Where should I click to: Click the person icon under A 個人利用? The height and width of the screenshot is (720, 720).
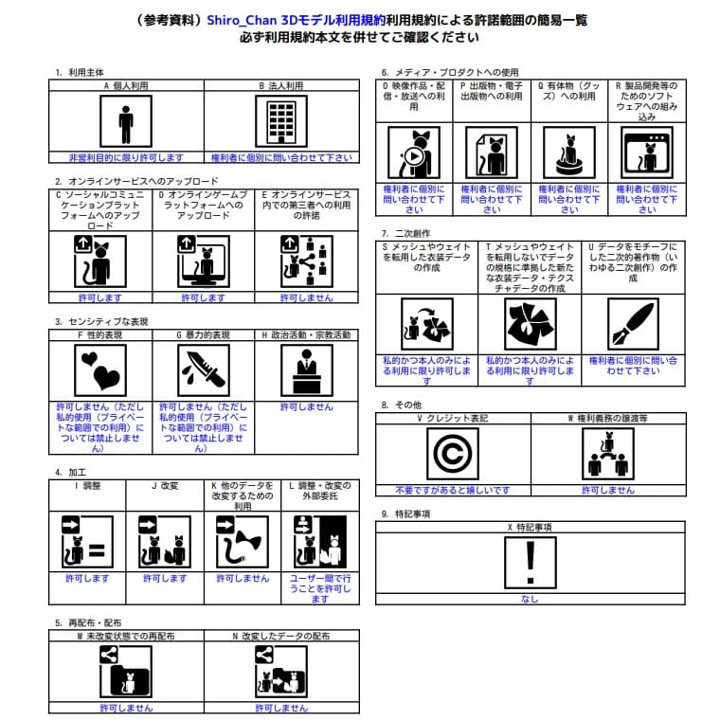pos(126,123)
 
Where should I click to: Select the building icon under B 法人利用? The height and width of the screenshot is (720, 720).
pos(281,123)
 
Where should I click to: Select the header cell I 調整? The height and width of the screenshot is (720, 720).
pos(87,485)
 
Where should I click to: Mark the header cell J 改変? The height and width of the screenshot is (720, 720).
pos(165,485)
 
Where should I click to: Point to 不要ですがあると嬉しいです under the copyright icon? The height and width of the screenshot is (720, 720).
pos(453,490)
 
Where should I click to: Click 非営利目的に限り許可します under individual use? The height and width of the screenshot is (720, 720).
pos(126,157)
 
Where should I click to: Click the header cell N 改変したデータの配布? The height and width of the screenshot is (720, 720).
pos(281,636)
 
